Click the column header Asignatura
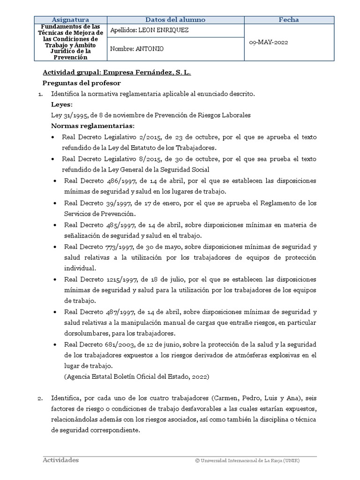tap(70, 20)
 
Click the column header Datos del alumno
tap(175, 20)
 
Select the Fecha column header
tap(289, 20)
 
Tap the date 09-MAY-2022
tap(268, 42)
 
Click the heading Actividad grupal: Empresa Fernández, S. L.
tap(117, 73)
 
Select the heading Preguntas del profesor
tap(82, 83)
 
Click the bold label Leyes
tap(61, 104)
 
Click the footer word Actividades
tap(60, 460)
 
